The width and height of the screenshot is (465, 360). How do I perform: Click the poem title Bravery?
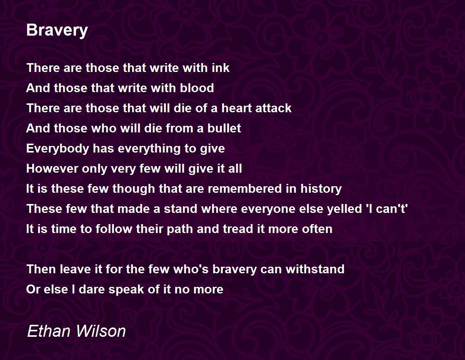click(57, 30)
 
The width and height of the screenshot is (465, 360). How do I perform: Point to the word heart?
click(236, 108)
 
